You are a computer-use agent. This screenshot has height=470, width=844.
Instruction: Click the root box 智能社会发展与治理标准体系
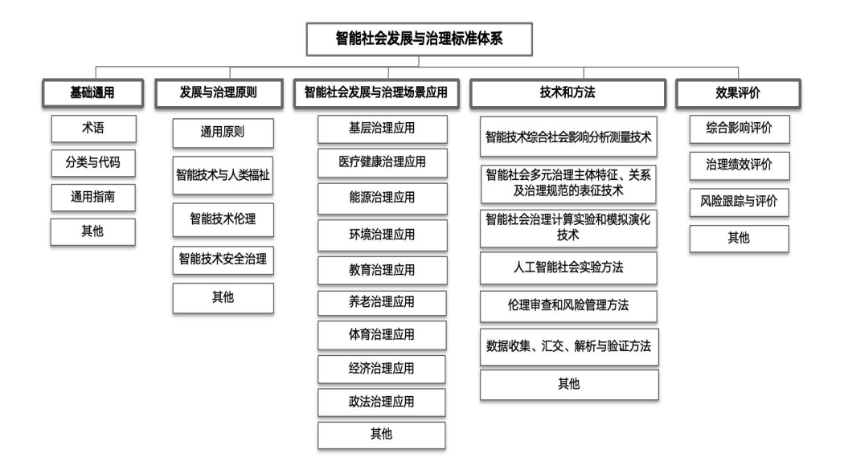coord(420,39)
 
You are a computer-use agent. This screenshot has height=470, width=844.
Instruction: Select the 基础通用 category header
coord(92,93)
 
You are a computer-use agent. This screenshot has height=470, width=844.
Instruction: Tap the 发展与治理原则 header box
coord(219,93)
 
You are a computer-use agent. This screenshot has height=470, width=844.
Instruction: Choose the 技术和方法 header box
coord(567,93)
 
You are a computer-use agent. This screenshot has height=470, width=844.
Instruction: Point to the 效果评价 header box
coord(738,93)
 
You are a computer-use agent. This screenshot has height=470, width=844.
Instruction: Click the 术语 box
coord(94,129)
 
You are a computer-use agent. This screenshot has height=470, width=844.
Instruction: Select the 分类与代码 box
coord(93,163)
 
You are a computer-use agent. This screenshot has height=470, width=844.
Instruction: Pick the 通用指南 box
coord(93,198)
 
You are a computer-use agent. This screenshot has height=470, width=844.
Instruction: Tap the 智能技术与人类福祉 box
coord(223,175)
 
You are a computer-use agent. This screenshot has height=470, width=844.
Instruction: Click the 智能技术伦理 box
coord(223,219)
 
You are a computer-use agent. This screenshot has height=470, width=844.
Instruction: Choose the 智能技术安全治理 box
coord(223,260)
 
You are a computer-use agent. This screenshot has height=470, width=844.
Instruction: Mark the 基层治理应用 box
coord(382,129)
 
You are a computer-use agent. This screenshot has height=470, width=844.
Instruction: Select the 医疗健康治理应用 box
coord(382,163)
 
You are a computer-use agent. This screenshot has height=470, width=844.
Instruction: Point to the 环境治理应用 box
coord(382,235)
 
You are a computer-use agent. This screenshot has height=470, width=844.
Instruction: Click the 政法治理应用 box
coord(382,403)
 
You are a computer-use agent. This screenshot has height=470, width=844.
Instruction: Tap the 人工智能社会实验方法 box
coord(568,268)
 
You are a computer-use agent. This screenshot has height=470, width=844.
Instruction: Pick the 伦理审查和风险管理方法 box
coord(568,306)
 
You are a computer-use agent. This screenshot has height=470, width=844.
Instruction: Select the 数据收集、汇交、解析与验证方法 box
coord(569,347)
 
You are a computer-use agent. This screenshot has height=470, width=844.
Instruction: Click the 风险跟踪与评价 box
coord(739,202)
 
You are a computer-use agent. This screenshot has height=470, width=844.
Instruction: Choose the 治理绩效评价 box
coord(740,165)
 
